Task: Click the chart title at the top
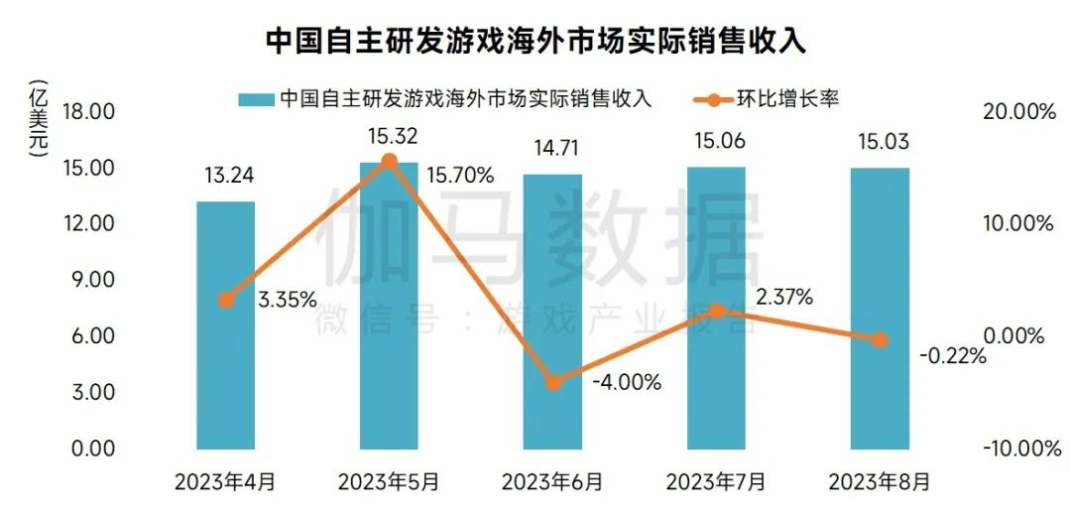tap(535, 42)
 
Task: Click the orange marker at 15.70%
tap(389, 162)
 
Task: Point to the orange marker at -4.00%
tap(553, 382)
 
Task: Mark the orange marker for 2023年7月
tap(717, 311)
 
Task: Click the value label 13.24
tap(226, 177)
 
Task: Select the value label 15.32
tap(390, 136)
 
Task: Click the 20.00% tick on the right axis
tap(1017, 111)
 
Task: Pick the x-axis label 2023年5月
tap(389, 483)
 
